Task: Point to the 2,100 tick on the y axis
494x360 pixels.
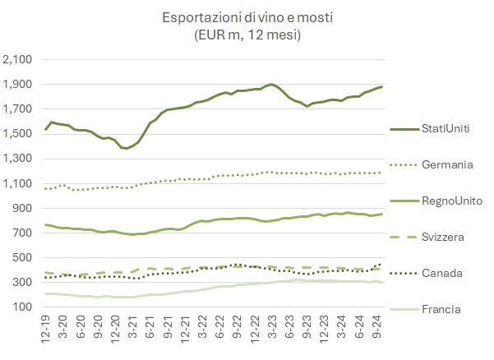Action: pyautogui.click(x=17, y=60)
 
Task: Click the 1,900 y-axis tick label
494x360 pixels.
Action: pyautogui.click(x=17, y=85)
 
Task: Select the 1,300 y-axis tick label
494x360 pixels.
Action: pyautogui.click(x=17, y=159)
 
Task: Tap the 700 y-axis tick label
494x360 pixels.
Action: pyautogui.click(x=21, y=233)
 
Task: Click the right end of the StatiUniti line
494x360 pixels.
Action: pyautogui.click(x=382, y=87)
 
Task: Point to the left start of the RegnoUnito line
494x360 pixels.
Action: pyautogui.click(x=44, y=224)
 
